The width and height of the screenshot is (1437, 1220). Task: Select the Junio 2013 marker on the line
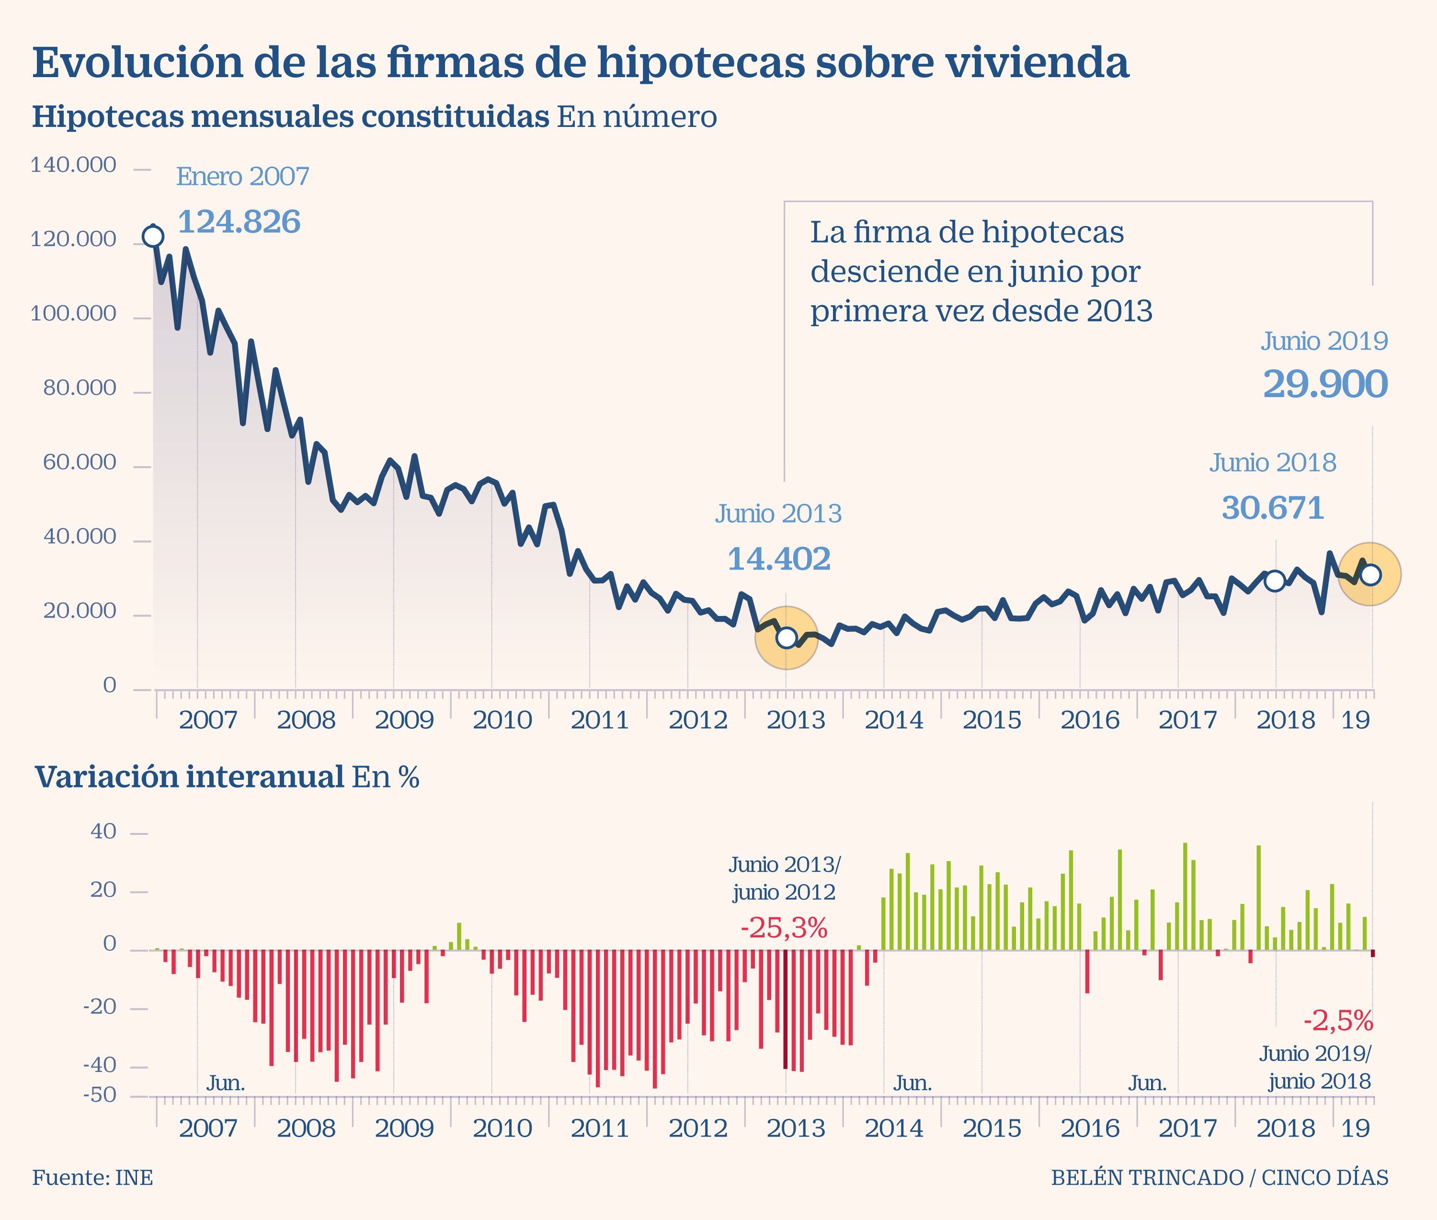(786, 638)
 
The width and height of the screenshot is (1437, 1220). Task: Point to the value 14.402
(779, 559)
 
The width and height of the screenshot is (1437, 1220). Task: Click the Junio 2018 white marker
(1275, 581)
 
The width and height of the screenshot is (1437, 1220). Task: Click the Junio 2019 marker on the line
(1370, 575)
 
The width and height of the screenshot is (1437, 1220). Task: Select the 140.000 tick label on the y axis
(73, 165)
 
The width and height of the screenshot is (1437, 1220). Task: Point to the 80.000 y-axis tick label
(80, 388)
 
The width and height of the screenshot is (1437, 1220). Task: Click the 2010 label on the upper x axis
(502, 720)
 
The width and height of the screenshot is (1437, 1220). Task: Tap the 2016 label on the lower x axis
(1090, 1128)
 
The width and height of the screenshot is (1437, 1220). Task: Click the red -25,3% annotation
(784, 928)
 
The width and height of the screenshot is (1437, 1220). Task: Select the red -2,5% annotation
(1338, 1020)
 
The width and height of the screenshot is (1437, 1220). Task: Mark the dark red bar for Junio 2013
(786, 1009)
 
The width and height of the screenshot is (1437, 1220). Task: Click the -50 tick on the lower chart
(100, 1095)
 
